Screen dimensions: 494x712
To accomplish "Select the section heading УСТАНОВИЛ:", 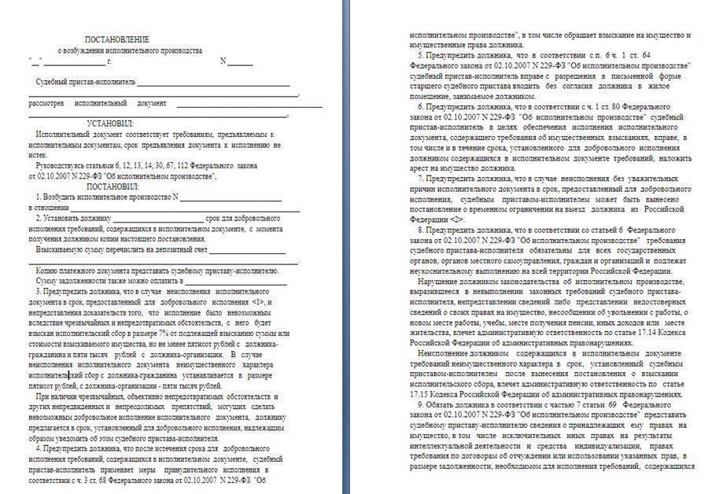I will pos(111,124).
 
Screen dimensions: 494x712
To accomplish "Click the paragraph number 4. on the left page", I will pos(39,447).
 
